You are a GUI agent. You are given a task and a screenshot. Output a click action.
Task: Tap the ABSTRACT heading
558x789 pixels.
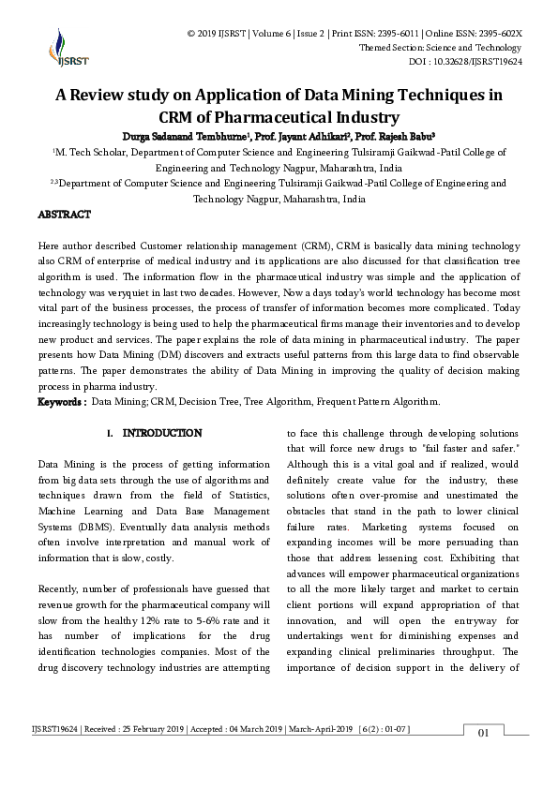pos(64,216)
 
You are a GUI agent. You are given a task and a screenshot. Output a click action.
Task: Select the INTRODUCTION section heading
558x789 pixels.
pos(161,434)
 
